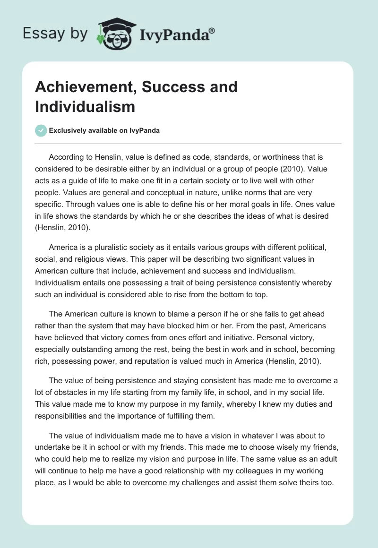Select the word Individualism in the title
[85, 106]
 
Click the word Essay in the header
[38, 33]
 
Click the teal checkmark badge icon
[42, 130]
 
